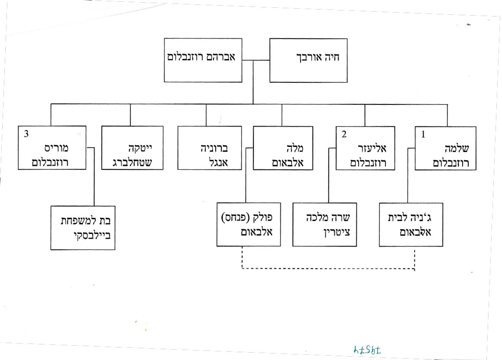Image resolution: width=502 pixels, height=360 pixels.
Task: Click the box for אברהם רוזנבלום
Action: (203, 60)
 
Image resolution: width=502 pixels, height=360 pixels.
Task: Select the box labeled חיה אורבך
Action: (308, 60)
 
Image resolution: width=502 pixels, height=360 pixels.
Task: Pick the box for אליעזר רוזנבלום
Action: (365, 148)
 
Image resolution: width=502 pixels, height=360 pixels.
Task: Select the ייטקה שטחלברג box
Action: (132, 148)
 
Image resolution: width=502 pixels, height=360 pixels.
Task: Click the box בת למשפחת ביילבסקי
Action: (83, 227)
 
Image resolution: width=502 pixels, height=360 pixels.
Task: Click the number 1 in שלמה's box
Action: (423, 134)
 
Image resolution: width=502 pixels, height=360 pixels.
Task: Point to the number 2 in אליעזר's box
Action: (344, 134)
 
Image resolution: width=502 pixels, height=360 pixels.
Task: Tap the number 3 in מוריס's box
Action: (26, 134)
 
